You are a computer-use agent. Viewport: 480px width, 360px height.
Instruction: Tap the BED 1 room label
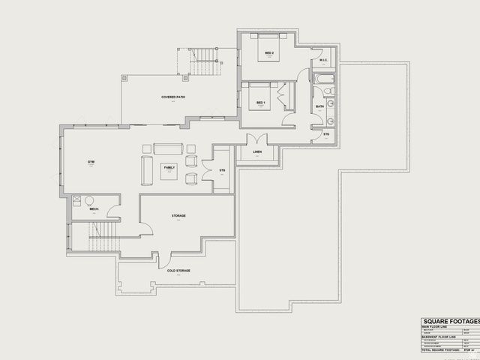[261, 102]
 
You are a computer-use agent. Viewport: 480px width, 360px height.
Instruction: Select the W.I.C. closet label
[323, 61]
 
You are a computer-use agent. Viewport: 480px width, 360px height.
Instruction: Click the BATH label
[319, 107]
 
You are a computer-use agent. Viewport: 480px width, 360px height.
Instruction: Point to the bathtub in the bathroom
[324, 78]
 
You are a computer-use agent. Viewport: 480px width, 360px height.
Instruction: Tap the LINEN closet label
[258, 153]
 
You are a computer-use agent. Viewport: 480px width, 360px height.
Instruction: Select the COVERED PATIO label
[172, 97]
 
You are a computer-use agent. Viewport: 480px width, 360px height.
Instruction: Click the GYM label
[91, 162]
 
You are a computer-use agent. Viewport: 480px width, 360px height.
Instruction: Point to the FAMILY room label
[169, 168]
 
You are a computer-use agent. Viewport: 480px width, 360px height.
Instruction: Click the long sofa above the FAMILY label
[168, 148]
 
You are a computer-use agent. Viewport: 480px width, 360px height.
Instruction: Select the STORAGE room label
[178, 216]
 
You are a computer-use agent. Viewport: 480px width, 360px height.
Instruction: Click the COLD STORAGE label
[178, 270]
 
